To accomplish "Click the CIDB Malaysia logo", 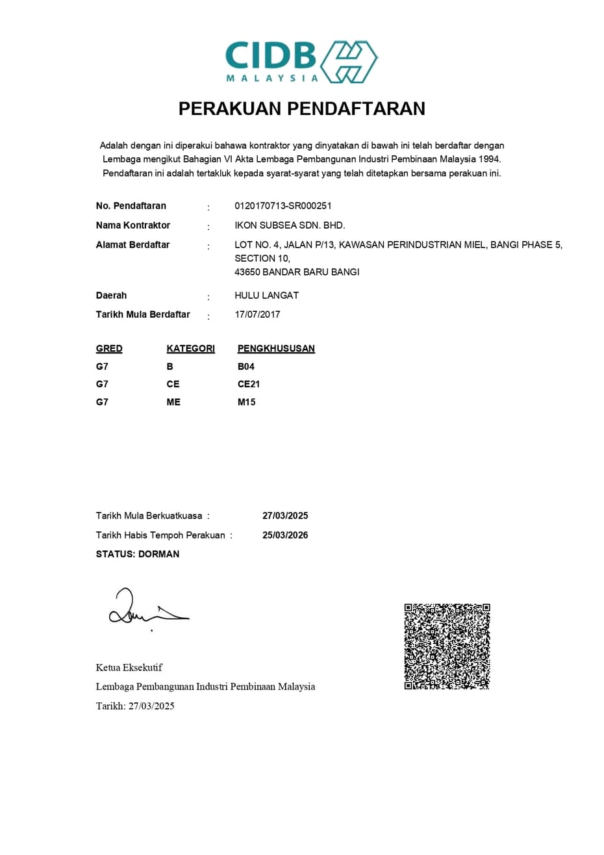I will click(x=301, y=62).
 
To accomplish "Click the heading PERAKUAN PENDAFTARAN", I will click(x=302, y=108).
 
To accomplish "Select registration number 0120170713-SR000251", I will click(x=283, y=206).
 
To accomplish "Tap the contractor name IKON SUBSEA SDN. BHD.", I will click(x=290, y=225).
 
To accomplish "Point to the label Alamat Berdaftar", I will click(x=132, y=245).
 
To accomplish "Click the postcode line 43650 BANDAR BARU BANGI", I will click(x=297, y=272).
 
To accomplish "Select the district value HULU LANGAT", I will click(x=266, y=296).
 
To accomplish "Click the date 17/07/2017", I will click(x=257, y=314).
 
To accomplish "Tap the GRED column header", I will click(x=109, y=349).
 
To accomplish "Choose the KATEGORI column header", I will click(x=190, y=349).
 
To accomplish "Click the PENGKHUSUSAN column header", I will click(x=276, y=349).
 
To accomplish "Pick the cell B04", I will click(x=246, y=366).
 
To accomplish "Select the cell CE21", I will click(x=249, y=385).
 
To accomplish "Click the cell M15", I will click(x=247, y=402).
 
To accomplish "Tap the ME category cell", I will click(x=173, y=402).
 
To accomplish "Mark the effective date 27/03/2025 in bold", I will click(x=285, y=516).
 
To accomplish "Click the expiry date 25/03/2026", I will click(x=285, y=535).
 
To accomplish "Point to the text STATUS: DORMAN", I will click(x=138, y=554).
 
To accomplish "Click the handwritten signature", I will click(x=146, y=607).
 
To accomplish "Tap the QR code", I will click(x=447, y=646).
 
